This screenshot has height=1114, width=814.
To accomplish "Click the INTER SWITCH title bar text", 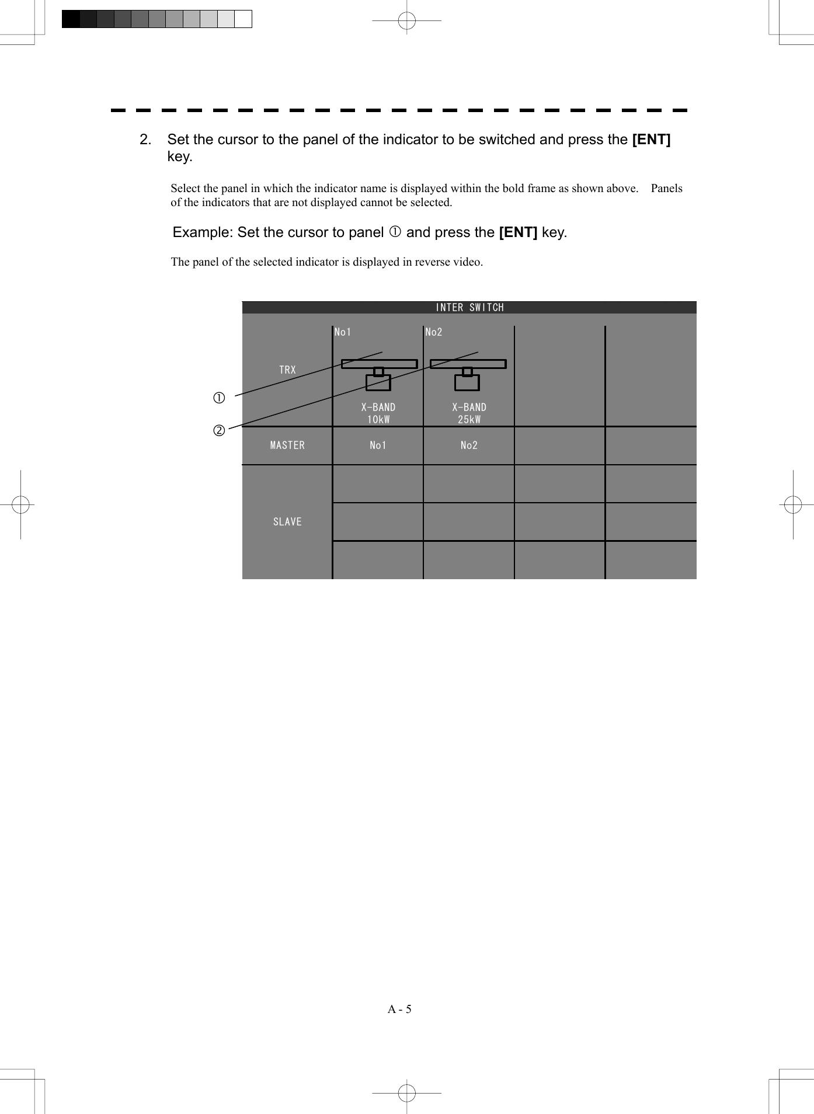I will pos(469,308).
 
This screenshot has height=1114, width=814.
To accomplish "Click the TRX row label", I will pos(287,370).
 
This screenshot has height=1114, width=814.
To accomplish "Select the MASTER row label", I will pos(287,445).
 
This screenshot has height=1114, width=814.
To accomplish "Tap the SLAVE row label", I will pos(287,522).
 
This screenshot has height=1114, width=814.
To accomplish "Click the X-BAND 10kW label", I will pos(378,413).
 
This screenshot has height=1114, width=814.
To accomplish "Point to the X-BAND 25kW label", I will pos(469,413).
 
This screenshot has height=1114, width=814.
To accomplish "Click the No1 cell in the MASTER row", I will pos(378,445).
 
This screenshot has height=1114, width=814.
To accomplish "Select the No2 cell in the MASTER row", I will pos(469,445).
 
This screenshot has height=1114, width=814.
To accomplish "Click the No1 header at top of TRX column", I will pos(343,332).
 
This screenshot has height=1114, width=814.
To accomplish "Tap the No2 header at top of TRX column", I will pos(434,332).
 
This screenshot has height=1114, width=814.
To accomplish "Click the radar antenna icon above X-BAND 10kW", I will pos(379,374).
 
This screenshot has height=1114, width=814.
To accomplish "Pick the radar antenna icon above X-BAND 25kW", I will pos(468,374).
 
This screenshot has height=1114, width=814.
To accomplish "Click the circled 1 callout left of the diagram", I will pos(219,398).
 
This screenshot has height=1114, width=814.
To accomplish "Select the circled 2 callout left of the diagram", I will pos(219,431).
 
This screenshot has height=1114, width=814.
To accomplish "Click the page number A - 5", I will pos(399,1009).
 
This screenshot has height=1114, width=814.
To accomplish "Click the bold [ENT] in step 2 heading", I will pos(651,140).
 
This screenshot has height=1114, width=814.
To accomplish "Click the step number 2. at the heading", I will pos(145,140).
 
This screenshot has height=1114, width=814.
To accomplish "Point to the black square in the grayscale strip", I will pos(71,19).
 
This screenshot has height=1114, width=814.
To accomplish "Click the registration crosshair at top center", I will pos(406,20).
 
